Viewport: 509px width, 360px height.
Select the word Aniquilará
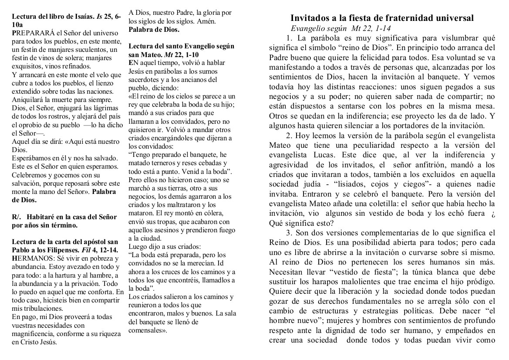(x=29, y=99)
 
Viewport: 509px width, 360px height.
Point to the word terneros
(x=162, y=162)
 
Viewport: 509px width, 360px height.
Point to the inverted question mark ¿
(x=493, y=213)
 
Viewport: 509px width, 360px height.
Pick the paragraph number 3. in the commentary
(x=290, y=232)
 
